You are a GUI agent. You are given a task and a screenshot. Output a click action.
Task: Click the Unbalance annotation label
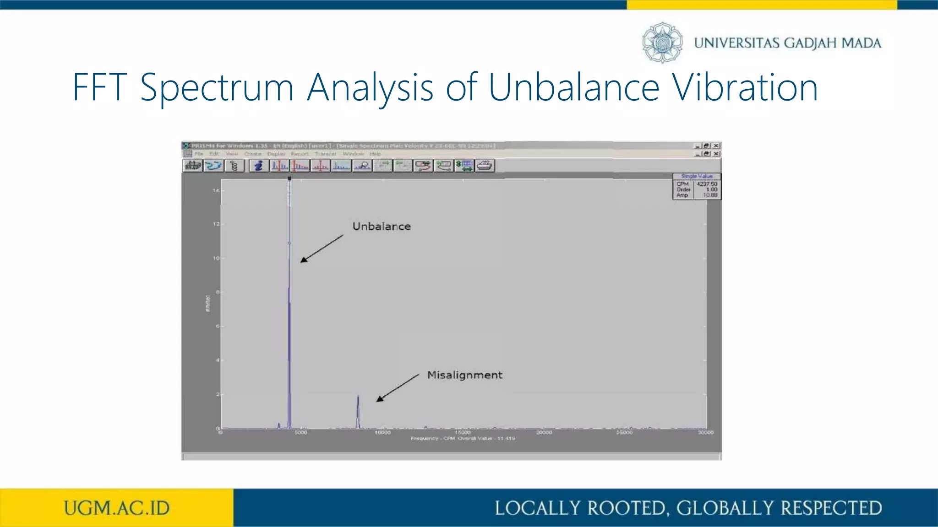click(382, 226)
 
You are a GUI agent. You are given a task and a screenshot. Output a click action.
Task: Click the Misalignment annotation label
click(464, 375)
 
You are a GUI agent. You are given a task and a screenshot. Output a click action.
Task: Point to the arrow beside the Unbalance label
click(322, 249)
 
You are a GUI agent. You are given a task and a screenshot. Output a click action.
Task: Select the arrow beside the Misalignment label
click(398, 388)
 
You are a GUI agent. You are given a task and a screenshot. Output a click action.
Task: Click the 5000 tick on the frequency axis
click(301, 432)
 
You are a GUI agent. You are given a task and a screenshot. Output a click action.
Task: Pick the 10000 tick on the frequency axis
click(382, 432)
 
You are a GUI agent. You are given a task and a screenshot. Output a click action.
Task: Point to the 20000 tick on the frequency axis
click(544, 432)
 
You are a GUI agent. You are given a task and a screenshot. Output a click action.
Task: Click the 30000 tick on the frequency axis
click(706, 432)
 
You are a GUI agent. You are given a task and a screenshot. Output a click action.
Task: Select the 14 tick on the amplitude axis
click(216, 190)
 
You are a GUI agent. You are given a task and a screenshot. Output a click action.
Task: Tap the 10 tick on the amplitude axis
click(216, 258)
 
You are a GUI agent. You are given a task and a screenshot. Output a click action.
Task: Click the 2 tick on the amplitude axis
click(218, 394)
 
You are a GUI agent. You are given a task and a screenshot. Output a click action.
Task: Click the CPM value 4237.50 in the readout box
click(707, 184)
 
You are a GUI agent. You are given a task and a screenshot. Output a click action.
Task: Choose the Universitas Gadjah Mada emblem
click(662, 43)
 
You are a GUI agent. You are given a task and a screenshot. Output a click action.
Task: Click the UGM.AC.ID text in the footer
click(117, 508)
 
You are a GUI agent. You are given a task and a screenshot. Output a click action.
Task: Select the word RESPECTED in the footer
click(831, 508)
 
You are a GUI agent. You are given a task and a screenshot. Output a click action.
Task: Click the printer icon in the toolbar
click(485, 166)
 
